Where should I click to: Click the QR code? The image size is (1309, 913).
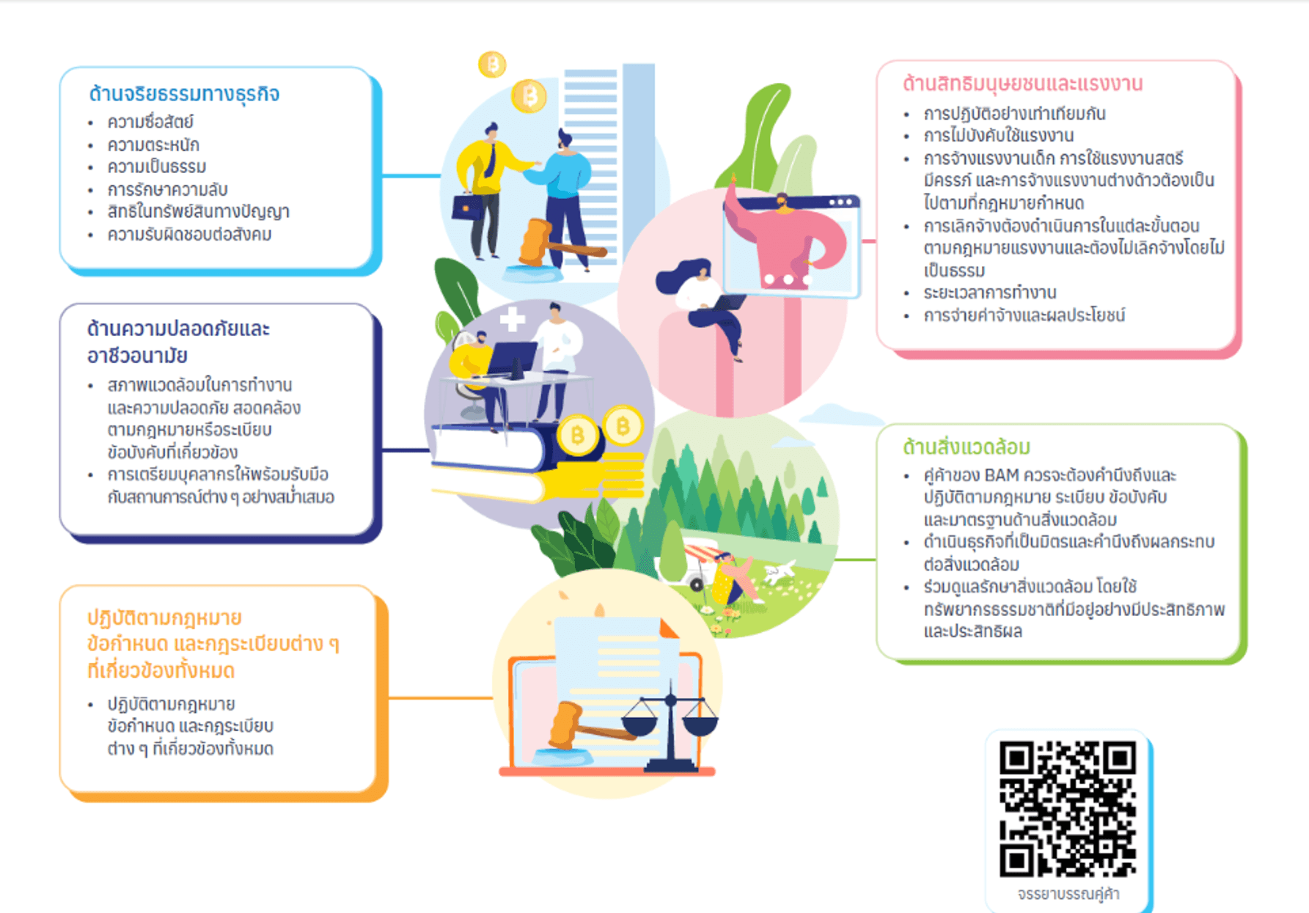tap(1068, 809)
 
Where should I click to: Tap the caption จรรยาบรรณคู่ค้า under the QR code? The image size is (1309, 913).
tap(1068, 894)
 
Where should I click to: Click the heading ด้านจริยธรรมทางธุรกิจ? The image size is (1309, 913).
tap(184, 95)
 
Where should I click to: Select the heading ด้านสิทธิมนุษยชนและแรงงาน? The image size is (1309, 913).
tap(1022, 84)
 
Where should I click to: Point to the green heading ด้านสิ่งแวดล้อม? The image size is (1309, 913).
tap(967, 447)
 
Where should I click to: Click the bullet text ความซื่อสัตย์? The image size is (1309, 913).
tap(150, 122)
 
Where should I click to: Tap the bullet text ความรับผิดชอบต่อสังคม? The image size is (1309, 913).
tap(189, 235)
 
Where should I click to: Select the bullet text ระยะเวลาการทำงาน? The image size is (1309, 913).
tap(990, 293)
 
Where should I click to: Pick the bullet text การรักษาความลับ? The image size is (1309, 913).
tap(167, 190)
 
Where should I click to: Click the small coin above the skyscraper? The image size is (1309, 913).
tap(492, 65)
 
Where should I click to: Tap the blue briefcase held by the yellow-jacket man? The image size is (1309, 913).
tap(466, 208)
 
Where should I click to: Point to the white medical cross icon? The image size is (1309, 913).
tap(512, 319)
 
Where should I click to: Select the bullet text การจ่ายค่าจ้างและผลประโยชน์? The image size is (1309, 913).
tap(1024, 315)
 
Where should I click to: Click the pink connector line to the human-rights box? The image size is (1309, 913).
tap(869, 241)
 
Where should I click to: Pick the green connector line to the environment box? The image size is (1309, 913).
tap(856, 560)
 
